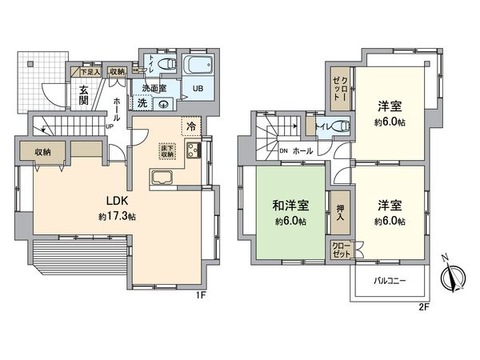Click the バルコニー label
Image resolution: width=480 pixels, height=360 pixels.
point(390,282)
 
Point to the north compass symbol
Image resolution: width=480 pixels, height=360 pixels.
point(454,278)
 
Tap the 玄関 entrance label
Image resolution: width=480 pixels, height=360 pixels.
point(84,96)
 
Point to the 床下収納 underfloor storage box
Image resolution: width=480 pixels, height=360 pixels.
point(166,149)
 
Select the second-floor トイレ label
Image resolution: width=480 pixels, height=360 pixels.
point(325,126)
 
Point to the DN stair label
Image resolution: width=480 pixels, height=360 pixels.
point(283,150)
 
